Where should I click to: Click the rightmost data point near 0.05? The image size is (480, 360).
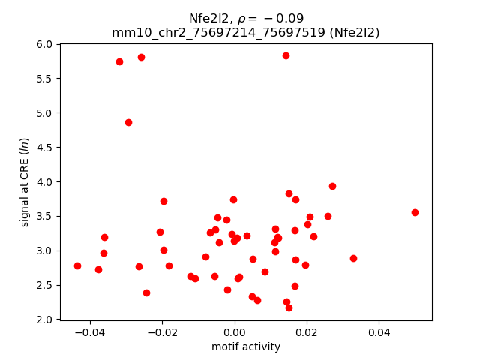click(415, 212)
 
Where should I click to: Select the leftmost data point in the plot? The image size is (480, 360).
click(77, 265)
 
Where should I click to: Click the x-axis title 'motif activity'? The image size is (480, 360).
click(246, 346)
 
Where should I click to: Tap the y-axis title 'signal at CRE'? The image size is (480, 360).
click(25, 182)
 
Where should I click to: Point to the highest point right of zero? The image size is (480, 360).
click(286, 55)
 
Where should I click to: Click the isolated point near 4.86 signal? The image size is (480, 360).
click(128, 122)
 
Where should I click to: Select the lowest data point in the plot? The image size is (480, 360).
click(289, 307)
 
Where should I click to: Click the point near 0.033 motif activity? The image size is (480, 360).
click(353, 258)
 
